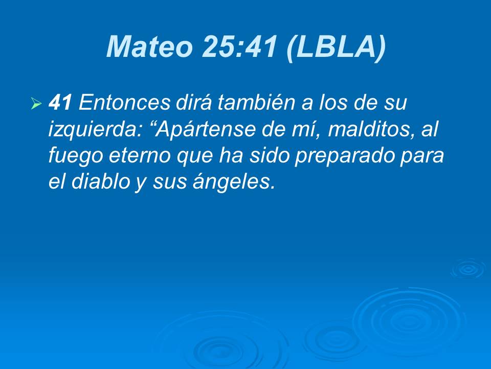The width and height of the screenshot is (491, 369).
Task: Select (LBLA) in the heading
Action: [x=335, y=47]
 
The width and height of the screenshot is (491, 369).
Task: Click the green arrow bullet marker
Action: [x=36, y=105]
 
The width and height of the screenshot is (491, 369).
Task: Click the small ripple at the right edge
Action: [x=467, y=269]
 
